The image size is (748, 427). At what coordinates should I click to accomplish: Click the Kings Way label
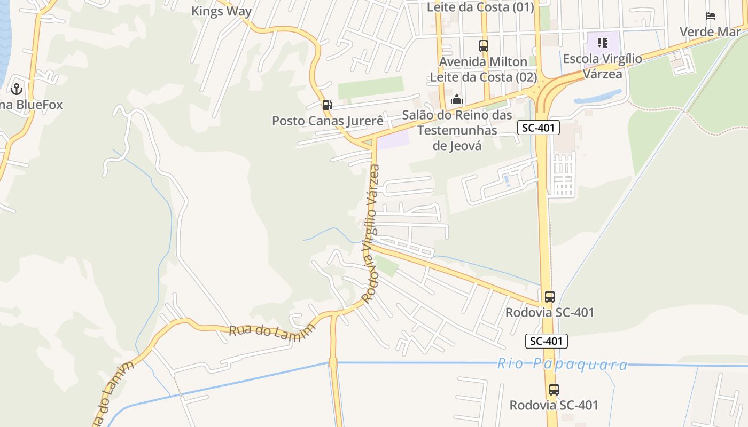tap(221, 11)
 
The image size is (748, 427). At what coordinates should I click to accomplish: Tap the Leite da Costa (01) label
tap(480, 7)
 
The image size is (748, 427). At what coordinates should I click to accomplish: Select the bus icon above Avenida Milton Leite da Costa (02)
tap(484, 46)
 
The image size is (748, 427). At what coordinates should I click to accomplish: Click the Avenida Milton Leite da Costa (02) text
tap(484, 69)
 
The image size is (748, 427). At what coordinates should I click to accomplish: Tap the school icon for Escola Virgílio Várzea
tap(603, 43)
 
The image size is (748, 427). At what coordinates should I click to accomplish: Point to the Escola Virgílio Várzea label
tap(602, 66)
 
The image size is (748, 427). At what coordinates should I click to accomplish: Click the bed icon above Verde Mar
tap(711, 16)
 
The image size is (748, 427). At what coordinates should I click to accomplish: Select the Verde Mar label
tap(710, 31)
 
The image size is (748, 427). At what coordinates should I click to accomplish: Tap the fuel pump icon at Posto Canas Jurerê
tap(326, 105)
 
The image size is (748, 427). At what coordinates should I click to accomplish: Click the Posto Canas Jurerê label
tap(328, 121)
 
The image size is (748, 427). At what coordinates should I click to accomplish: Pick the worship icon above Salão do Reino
tap(456, 99)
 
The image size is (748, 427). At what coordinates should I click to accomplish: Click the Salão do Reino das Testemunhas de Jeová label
tap(457, 130)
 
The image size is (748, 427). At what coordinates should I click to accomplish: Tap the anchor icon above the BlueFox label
tap(16, 89)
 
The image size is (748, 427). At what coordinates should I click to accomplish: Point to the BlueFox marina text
tap(31, 105)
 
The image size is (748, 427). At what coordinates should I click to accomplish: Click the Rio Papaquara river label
tap(562, 365)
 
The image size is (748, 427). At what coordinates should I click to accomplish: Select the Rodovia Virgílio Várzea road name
tap(370, 234)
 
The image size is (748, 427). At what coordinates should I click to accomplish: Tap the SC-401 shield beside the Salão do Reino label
tap(539, 128)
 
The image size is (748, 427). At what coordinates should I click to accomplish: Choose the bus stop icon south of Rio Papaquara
tap(554, 390)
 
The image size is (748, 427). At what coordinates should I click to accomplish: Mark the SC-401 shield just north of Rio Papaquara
tap(546, 341)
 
